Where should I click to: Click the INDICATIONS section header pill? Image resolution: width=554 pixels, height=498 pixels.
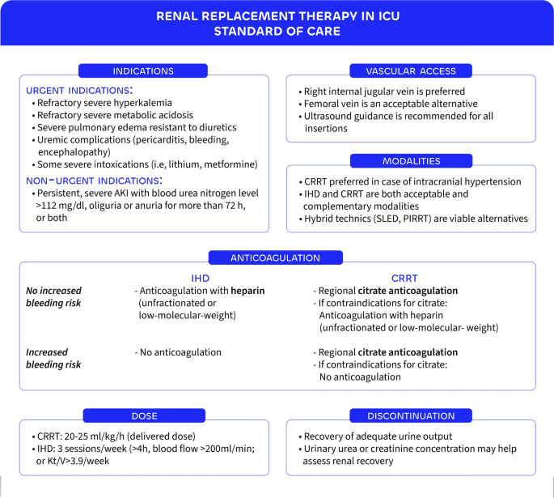click(143, 71)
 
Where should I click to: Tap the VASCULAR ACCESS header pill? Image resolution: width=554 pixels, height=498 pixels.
click(410, 71)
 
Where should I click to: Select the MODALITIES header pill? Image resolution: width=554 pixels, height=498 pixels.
click(410, 160)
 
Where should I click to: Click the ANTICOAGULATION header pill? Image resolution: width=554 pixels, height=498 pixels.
click(277, 258)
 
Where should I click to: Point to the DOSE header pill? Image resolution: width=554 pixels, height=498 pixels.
click(143, 416)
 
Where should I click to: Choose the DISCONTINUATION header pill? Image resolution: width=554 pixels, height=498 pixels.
click(410, 416)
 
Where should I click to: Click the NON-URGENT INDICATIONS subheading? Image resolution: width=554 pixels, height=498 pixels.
click(94, 179)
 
